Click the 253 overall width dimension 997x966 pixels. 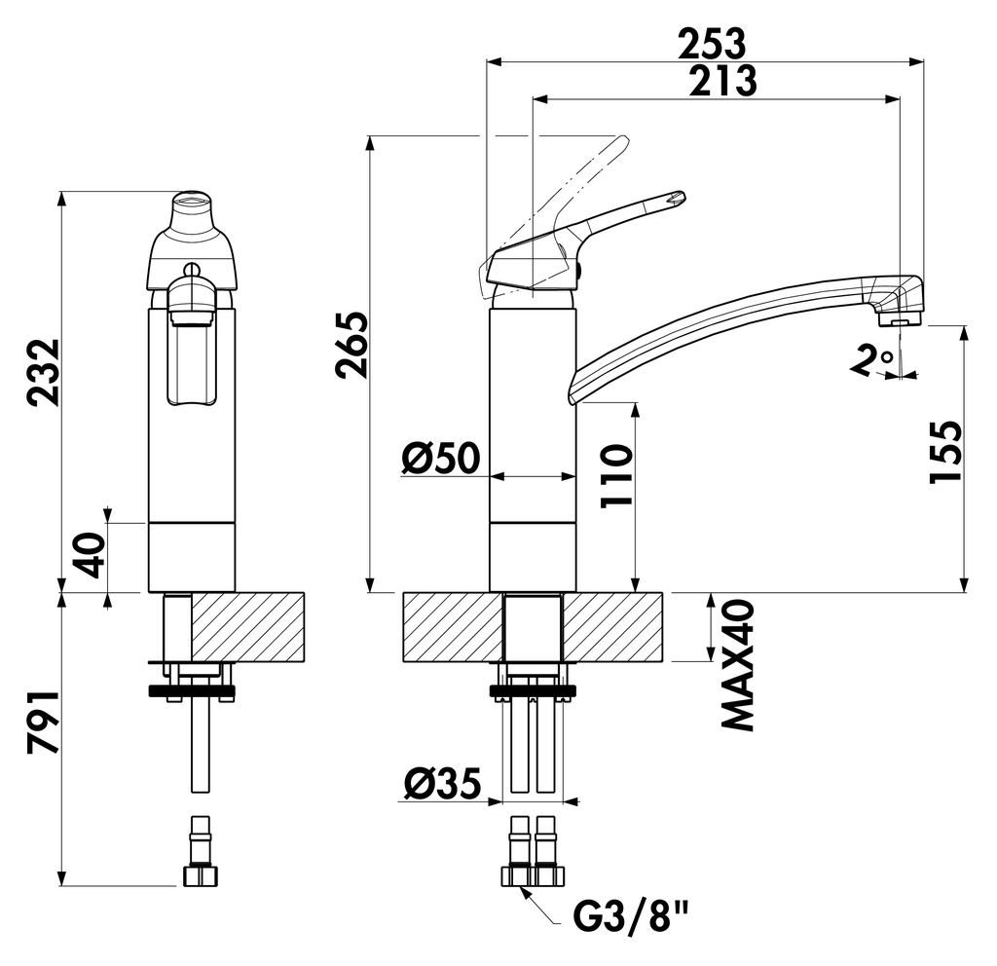(711, 43)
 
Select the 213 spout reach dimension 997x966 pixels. (721, 81)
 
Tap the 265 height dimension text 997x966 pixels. (350, 345)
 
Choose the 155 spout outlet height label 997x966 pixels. (944, 452)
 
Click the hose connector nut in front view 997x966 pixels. (201, 874)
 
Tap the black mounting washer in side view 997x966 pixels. (533, 692)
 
